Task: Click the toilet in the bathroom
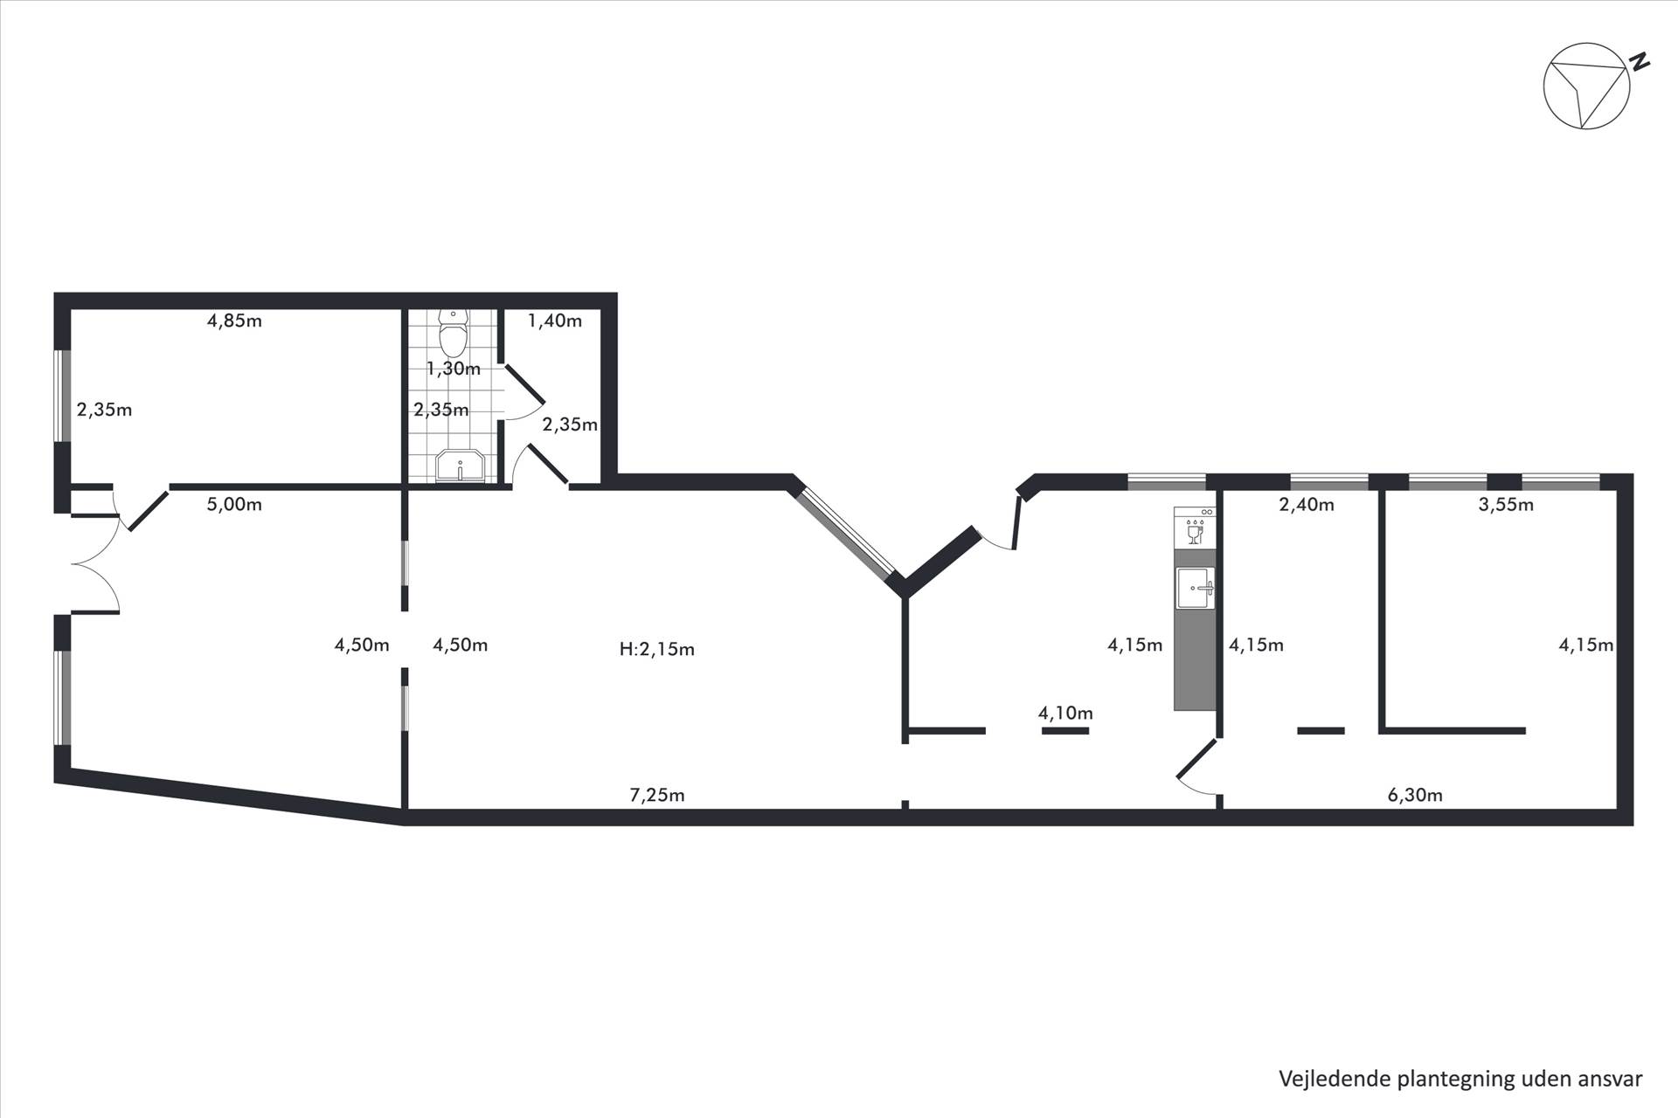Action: [x=453, y=333]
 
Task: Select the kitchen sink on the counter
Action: [x=1195, y=587]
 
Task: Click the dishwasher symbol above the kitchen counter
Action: [x=1195, y=528]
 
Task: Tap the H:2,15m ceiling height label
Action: [x=657, y=649]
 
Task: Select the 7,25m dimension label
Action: [x=657, y=795]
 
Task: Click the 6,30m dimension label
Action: [x=1415, y=795]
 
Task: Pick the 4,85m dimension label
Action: [x=234, y=321]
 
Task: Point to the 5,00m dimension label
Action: [x=234, y=504]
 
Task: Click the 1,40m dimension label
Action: [x=555, y=321]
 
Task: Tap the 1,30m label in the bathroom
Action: [x=454, y=369]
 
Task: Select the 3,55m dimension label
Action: [x=1506, y=504]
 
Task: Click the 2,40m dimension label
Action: [x=1307, y=504]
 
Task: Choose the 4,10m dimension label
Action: [x=1065, y=713]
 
